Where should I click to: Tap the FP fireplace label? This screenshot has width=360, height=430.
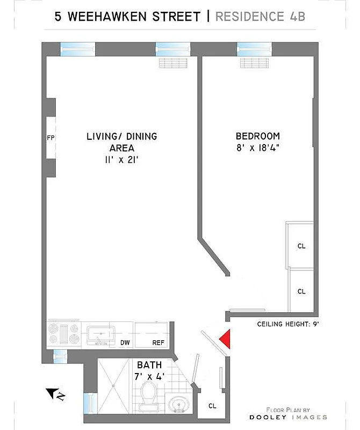pos(51,138)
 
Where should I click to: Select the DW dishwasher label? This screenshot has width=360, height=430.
pos(125,342)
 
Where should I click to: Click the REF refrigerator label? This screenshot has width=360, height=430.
pos(158,342)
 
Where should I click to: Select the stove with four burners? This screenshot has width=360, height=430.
pos(64,334)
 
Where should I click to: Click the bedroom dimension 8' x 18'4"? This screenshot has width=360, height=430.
pos(257,148)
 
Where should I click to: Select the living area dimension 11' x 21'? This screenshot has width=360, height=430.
pos(122,160)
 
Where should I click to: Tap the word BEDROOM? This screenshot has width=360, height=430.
pos(258,136)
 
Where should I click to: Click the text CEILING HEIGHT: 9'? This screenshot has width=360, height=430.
pos(289,324)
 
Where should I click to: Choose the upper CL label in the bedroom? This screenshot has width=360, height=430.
pos(301,246)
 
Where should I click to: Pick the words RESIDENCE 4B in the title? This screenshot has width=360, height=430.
pos(260,16)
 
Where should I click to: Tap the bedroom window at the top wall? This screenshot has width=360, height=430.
pos(254,49)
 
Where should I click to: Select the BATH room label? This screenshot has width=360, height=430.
pos(149,365)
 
